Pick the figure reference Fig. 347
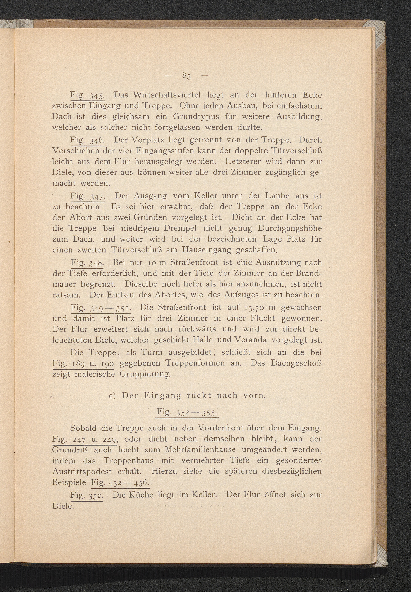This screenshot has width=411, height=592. click(x=87, y=197)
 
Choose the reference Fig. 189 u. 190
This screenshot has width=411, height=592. click(x=83, y=364)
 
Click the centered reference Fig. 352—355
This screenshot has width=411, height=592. click(x=187, y=413)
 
